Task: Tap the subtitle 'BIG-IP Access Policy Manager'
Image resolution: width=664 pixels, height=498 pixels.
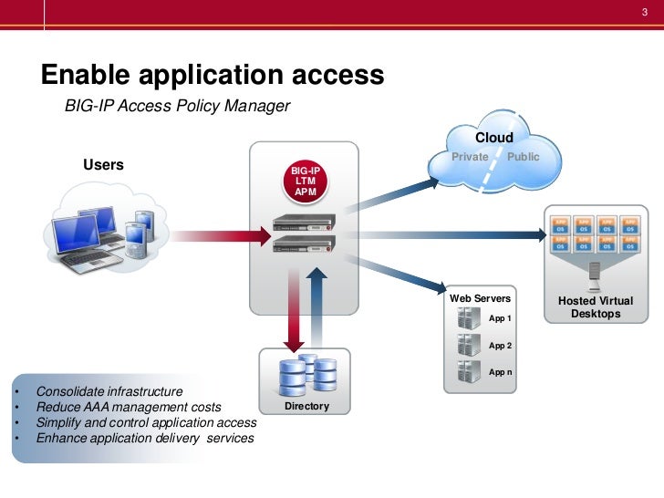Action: (x=177, y=107)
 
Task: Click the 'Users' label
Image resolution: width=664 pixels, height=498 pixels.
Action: (x=103, y=165)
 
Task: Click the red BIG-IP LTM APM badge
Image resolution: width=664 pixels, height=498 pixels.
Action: (x=305, y=182)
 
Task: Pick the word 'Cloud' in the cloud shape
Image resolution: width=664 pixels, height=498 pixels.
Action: (x=493, y=138)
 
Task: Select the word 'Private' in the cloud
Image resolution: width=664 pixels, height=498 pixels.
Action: (x=471, y=157)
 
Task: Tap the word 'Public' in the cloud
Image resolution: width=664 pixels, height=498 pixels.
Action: (x=524, y=157)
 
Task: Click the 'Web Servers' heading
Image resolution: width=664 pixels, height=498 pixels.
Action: (x=481, y=299)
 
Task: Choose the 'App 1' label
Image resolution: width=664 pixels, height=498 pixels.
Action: (x=501, y=318)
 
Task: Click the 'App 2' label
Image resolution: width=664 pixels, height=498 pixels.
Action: (x=501, y=346)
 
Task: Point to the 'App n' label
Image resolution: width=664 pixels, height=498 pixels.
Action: (x=501, y=373)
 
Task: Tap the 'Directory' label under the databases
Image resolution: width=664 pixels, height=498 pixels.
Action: (x=306, y=406)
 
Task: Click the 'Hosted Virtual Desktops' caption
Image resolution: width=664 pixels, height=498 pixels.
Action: (x=595, y=307)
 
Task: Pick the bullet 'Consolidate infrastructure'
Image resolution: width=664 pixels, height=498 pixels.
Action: (x=109, y=391)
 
